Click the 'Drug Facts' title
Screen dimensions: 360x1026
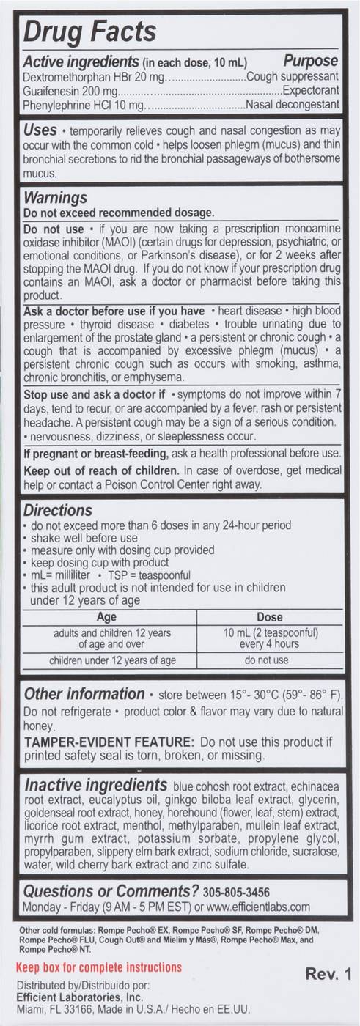[90, 32]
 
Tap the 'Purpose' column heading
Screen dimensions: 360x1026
[311, 61]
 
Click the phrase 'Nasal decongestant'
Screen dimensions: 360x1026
[293, 105]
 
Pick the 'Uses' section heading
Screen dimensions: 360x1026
[40, 130]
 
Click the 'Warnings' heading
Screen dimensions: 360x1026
[56, 198]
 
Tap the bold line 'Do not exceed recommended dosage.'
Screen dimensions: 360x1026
[119, 213]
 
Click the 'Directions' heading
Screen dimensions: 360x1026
[58, 510]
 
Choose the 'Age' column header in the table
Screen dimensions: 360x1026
[106, 618]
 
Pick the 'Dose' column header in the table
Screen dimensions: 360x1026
[270, 618]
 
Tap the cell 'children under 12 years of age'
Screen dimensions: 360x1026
[112, 660]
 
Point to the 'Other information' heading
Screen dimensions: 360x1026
[84, 694]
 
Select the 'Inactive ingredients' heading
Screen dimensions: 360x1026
[95, 783]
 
